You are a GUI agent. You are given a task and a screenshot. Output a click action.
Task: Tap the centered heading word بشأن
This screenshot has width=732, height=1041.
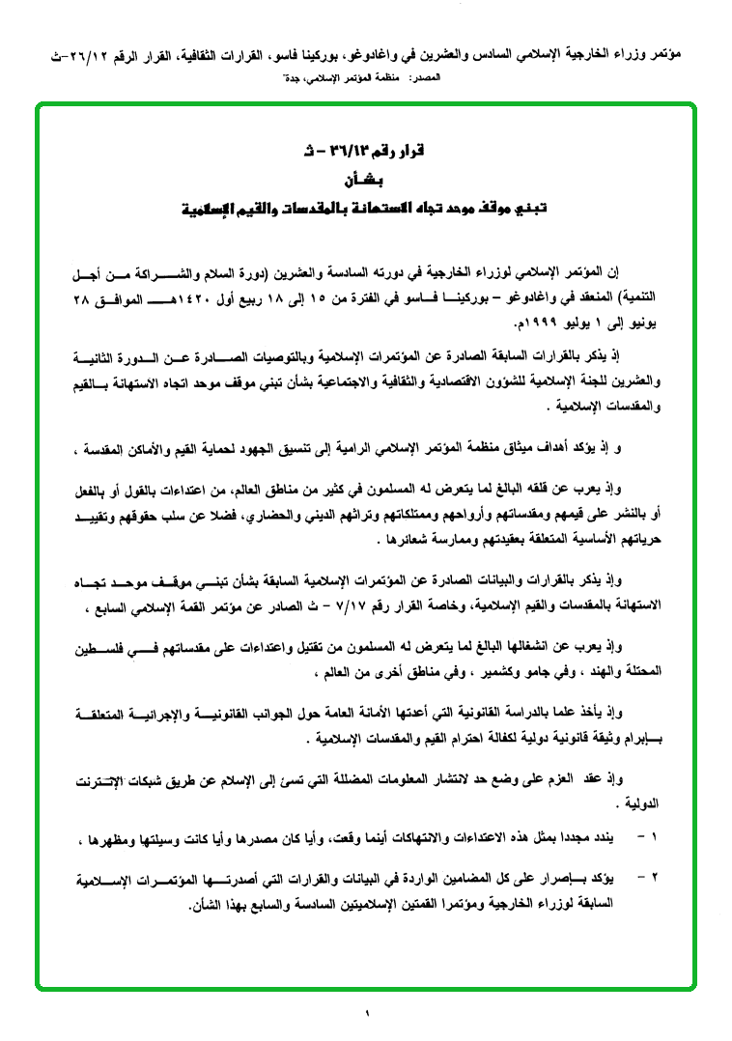pos(365,180)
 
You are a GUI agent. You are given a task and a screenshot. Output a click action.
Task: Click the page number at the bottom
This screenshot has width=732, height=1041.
pos(367,1012)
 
